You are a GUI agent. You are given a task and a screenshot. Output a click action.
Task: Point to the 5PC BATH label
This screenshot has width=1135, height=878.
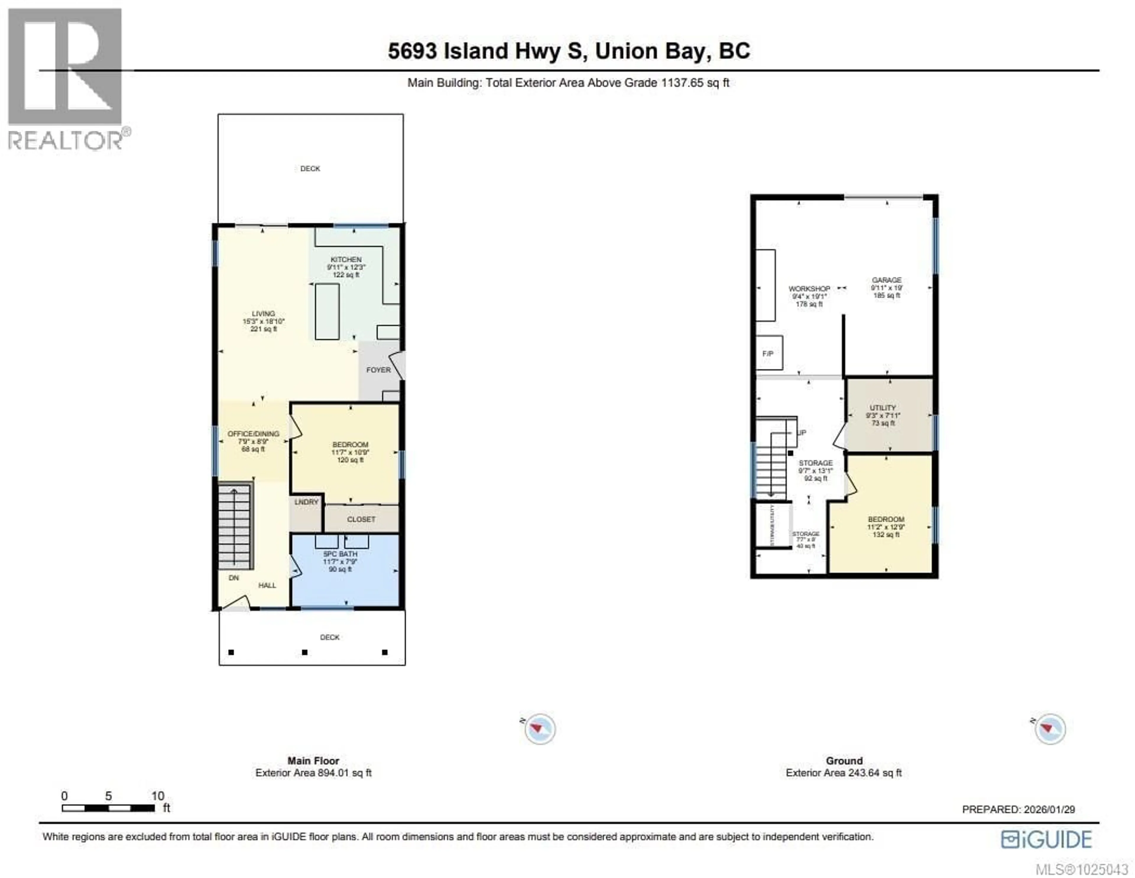pyautogui.click(x=340, y=554)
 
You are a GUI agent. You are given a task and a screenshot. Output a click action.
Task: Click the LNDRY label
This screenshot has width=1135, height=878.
pyautogui.click(x=306, y=502)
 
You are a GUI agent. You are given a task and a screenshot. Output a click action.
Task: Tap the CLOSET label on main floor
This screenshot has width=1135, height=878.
pyautogui.click(x=361, y=519)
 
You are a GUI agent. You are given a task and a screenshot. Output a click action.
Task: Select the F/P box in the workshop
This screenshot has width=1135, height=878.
pyautogui.click(x=768, y=353)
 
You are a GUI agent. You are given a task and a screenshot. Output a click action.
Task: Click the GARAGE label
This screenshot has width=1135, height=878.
pyautogui.click(x=887, y=280)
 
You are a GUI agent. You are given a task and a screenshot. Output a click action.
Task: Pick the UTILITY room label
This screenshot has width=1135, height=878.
pyautogui.click(x=883, y=408)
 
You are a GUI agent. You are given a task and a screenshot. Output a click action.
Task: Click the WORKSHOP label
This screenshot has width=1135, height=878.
pyautogui.click(x=809, y=289)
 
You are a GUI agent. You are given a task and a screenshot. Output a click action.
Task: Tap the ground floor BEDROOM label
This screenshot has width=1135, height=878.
pyautogui.click(x=886, y=519)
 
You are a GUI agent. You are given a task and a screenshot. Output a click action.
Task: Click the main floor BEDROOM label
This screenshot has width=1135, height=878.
pyautogui.click(x=350, y=445)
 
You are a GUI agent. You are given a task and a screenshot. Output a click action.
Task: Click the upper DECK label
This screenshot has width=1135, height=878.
pyautogui.click(x=310, y=169)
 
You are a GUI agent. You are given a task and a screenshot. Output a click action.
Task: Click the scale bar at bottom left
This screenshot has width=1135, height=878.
pyautogui.click(x=108, y=808)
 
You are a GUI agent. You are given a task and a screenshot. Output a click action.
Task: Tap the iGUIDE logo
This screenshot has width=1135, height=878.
pyautogui.click(x=1047, y=840)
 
